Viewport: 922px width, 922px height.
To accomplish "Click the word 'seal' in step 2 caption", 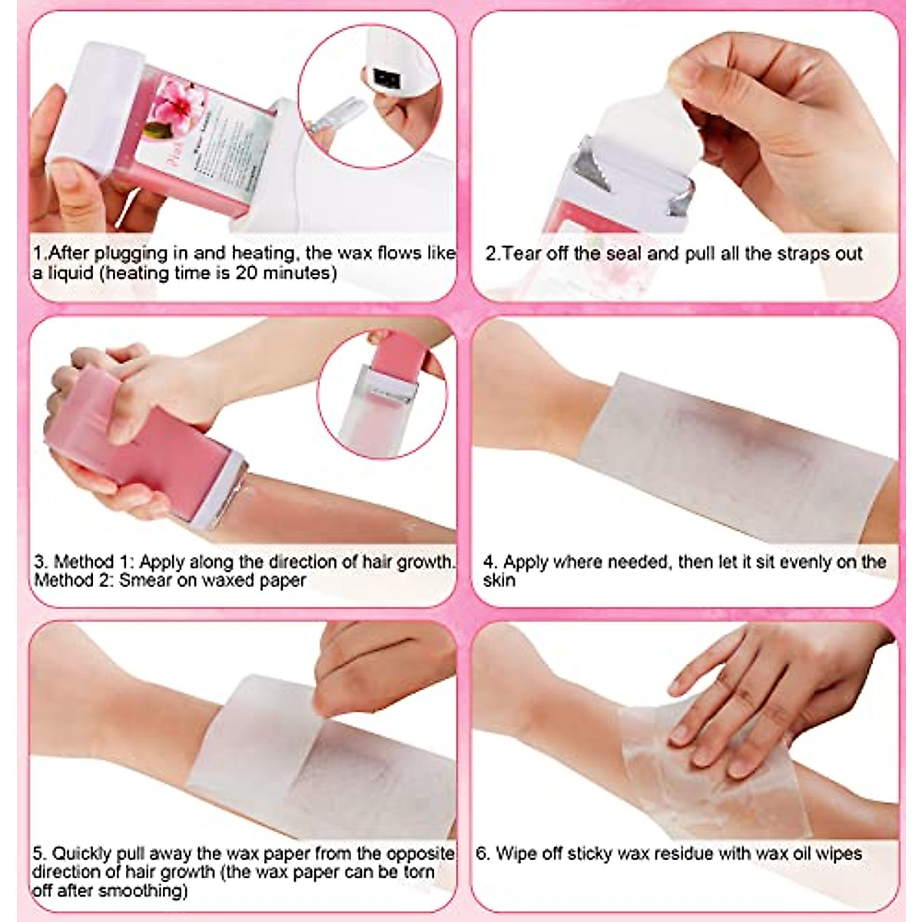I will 625,254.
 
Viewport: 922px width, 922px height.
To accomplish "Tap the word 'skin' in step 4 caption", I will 499,581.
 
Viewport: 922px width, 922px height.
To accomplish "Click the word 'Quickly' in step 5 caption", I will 81,854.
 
